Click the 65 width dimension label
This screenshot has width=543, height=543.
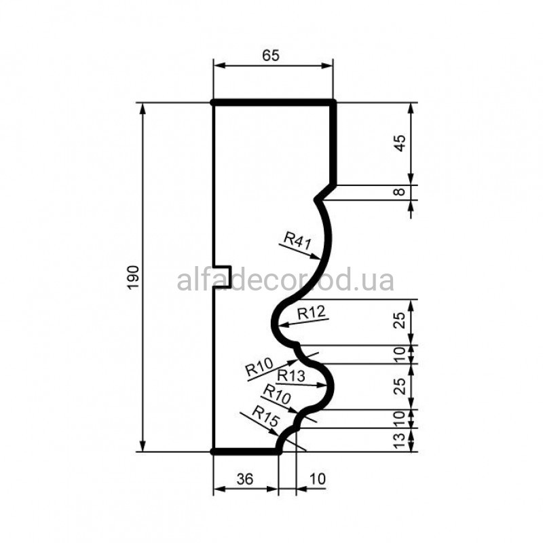pyautogui.click(x=270, y=56)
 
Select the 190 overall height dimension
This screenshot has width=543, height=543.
pyautogui.click(x=133, y=277)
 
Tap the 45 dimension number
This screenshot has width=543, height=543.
pyautogui.click(x=400, y=143)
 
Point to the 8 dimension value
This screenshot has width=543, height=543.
pyautogui.click(x=400, y=191)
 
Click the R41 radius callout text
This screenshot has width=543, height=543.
pyautogui.click(x=297, y=240)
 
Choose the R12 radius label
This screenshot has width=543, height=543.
pyautogui.click(x=312, y=313)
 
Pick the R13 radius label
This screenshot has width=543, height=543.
pyautogui.click(x=291, y=376)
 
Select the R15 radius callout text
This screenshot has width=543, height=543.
pyautogui.click(x=265, y=416)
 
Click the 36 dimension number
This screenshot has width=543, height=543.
pyautogui.click(x=245, y=479)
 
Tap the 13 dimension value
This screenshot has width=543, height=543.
pyautogui.click(x=400, y=441)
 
